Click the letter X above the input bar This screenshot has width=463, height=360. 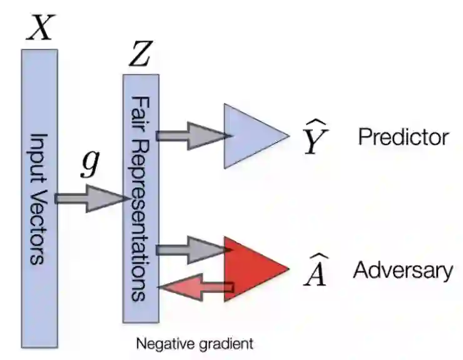coord(39,29)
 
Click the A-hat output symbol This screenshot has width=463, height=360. coord(315,272)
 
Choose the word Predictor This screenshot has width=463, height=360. coord(403,137)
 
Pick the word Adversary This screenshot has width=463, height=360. coord(403,270)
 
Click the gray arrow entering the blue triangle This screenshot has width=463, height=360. coord(190,135)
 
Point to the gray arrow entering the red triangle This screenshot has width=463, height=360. coord(190,250)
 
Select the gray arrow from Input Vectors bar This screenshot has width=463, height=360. coord(90,199)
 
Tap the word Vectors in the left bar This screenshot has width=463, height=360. coord(39,223)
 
